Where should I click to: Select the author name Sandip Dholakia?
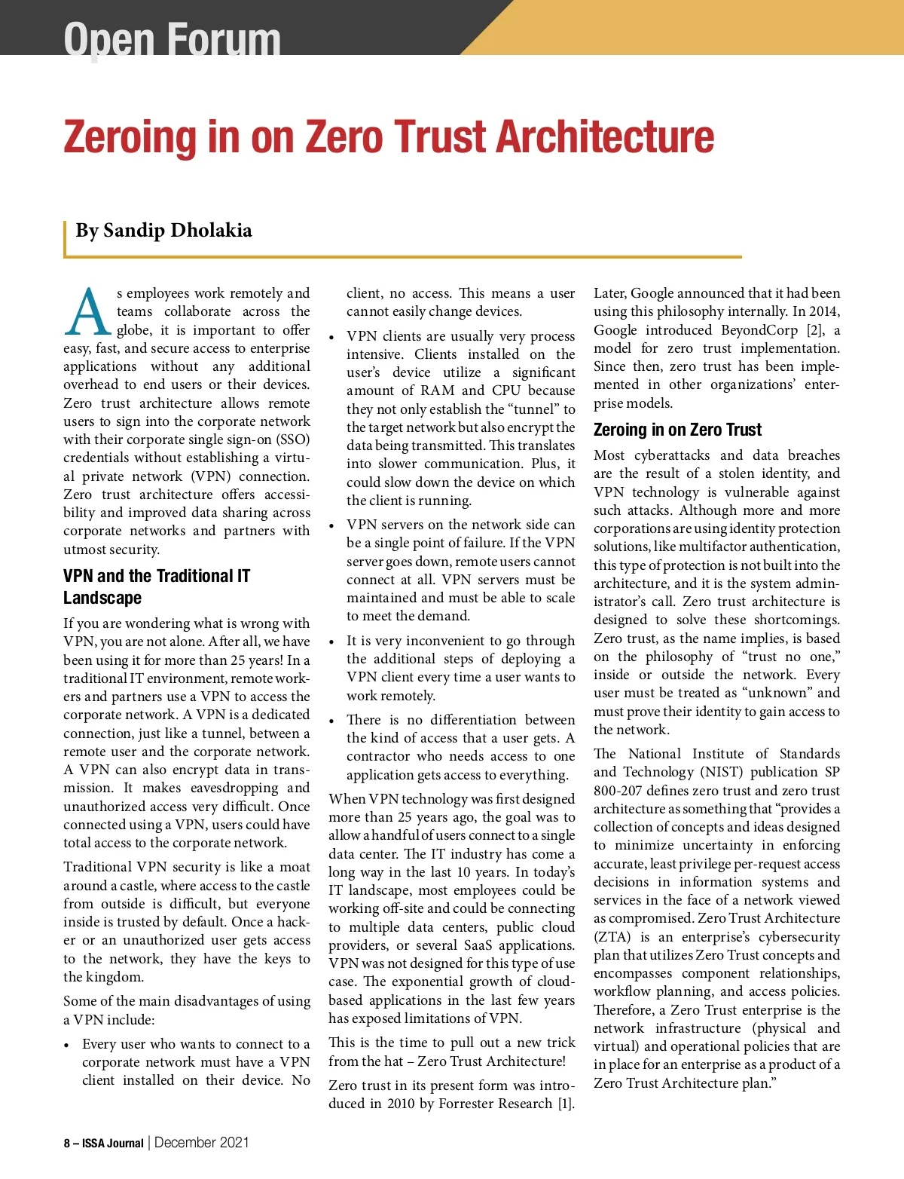(x=177, y=231)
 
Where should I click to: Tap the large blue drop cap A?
(x=88, y=312)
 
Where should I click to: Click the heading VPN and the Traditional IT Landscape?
(x=156, y=586)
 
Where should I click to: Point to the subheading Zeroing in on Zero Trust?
(x=677, y=430)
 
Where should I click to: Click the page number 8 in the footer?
(x=66, y=1144)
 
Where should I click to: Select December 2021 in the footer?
(x=201, y=1143)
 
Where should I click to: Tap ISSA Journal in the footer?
(x=112, y=1144)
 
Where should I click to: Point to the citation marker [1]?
(x=565, y=1104)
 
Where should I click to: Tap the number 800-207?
(x=618, y=791)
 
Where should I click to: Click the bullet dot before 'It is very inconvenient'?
(x=331, y=642)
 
